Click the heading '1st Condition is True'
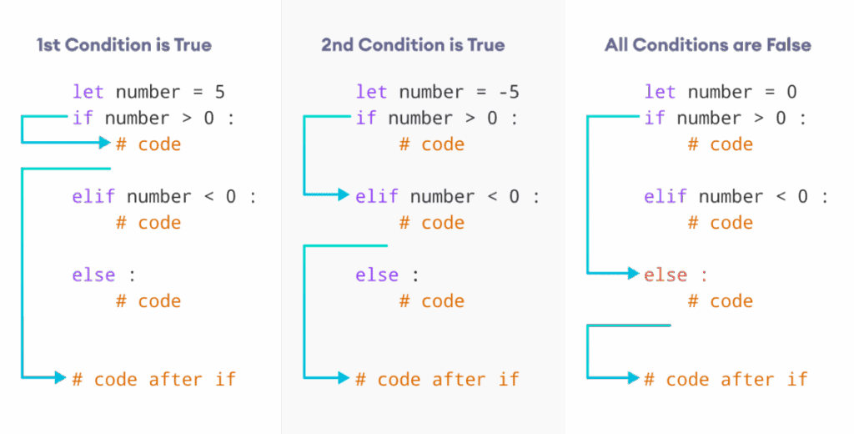pyautogui.click(x=124, y=44)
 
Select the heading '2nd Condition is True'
pyautogui.click(x=413, y=44)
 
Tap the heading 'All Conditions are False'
pyautogui.click(x=707, y=44)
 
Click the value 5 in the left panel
pyautogui.click(x=219, y=92)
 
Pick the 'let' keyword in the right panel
pyautogui.click(x=660, y=92)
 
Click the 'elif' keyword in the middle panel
pyautogui.click(x=377, y=196)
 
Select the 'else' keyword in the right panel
pyautogui.click(x=666, y=275)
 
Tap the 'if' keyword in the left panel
pyautogui.click(x=83, y=118)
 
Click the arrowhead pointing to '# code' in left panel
pyautogui.click(x=105, y=143)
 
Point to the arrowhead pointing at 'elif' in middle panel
pyautogui.click(x=344, y=195)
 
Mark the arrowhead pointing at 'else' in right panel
pyautogui.click(x=635, y=274)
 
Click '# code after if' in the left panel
pyautogui.click(x=154, y=379)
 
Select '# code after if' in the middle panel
pyautogui.click(x=438, y=379)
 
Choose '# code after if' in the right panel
pyautogui.click(x=726, y=379)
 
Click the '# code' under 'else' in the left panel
pyautogui.click(x=148, y=300)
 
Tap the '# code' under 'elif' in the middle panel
pyautogui.click(x=432, y=223)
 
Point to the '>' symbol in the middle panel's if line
pyautogui.click(x=470, y=118)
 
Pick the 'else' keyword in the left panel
pyautogui.click(x=93, y=275)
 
